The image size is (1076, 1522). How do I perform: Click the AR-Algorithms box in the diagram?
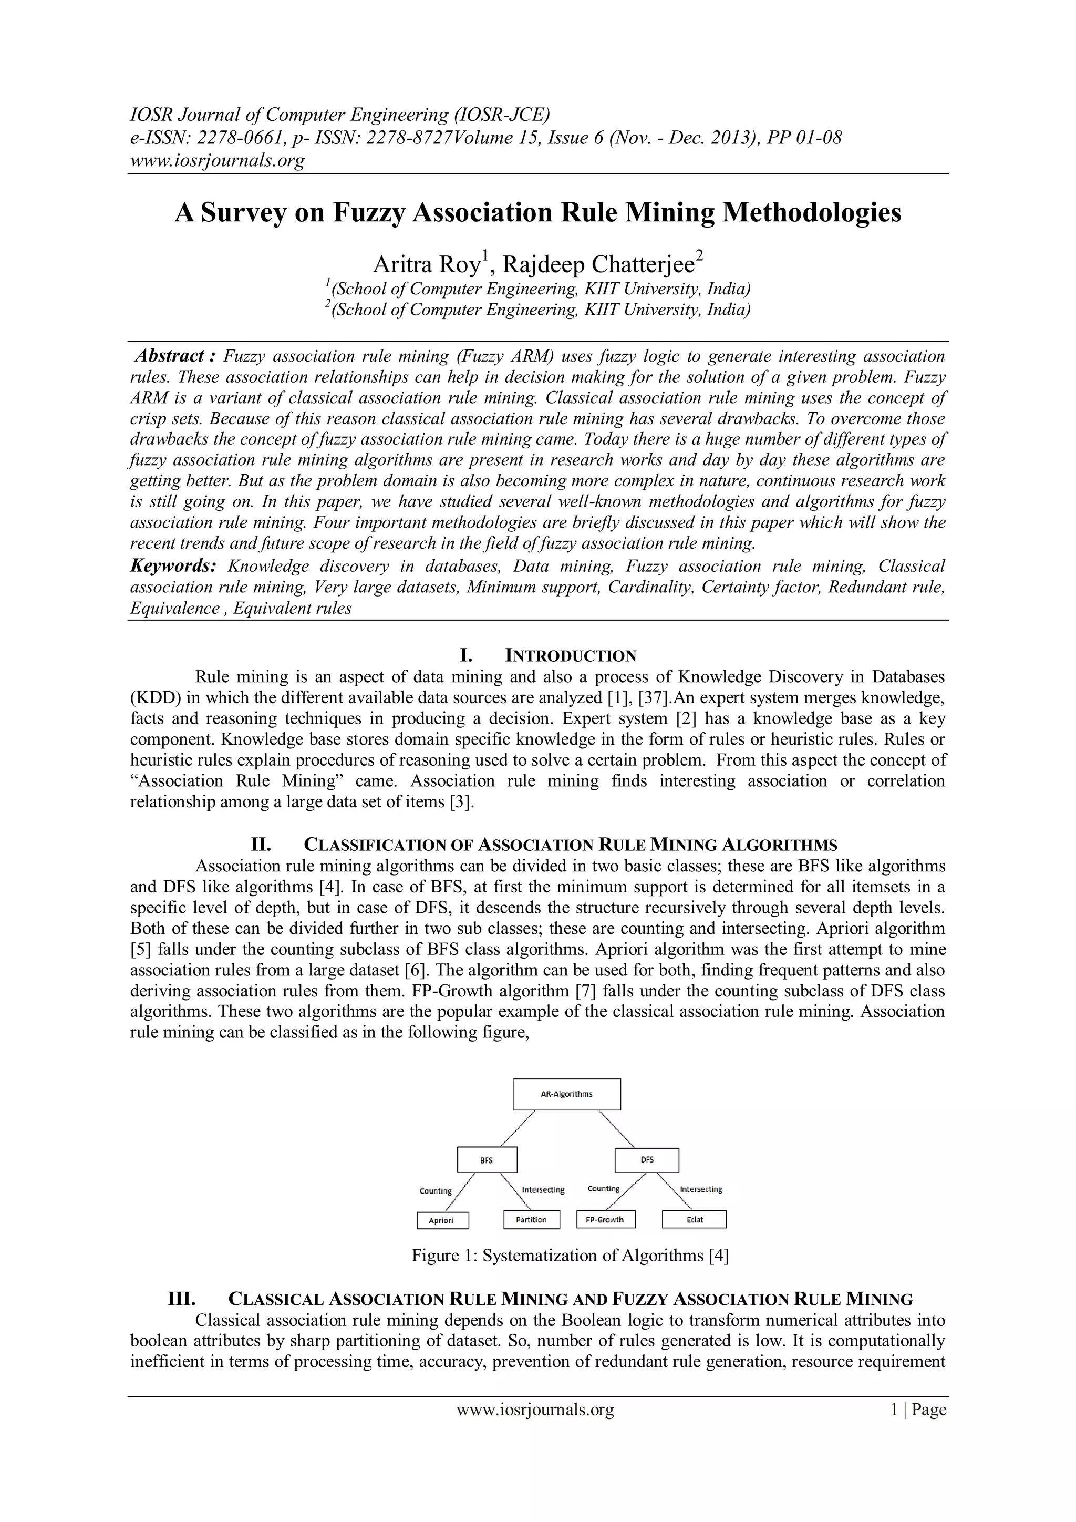tap(566, 1094)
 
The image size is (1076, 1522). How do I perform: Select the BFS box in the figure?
tap(487, 1160)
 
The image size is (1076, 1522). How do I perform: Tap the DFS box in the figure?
tap(647, 1160)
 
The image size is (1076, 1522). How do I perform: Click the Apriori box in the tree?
tap(442, 1220)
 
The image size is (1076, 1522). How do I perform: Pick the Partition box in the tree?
tap(531, 1220)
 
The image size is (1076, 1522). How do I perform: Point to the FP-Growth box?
tap(605, 1220)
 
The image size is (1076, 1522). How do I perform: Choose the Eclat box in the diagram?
tap(695, 1220)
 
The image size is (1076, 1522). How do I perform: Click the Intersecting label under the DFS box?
tap(700, 1189)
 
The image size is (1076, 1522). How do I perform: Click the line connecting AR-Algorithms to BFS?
tap(518, 1128)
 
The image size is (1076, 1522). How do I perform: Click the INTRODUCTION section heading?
tap(571, 656)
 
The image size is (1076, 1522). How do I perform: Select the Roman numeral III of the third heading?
tap(181, 1299)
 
